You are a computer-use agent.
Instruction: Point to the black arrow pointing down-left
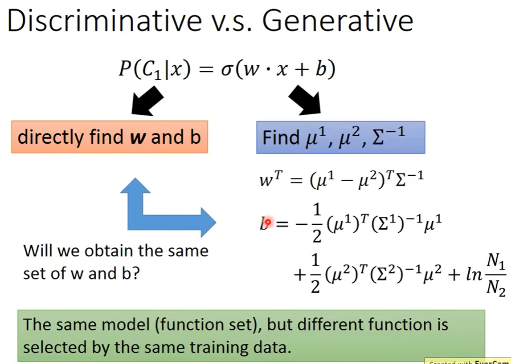click(x=147, y=101)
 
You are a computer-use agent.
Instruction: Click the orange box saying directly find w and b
click(x=110, y=137)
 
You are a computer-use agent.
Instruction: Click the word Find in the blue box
click(x=281, y=138)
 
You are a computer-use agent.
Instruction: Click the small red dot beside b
click(x=268, y=222)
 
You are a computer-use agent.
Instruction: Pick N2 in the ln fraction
click(x=496, y=287)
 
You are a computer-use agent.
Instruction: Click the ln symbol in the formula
click(x=473, y=275)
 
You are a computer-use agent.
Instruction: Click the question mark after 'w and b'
click(x=135, y=274)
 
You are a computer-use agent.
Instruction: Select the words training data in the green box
click(x=240, y=348)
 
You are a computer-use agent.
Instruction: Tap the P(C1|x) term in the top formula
click(x=154, y=69)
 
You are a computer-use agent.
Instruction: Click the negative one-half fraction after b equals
click(x=311, y=224)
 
